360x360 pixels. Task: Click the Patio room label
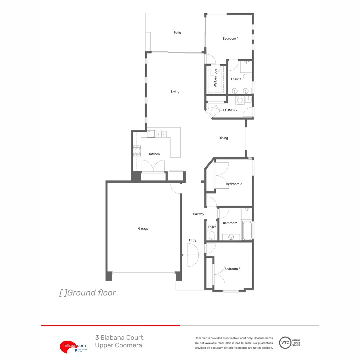(x=177, y=33)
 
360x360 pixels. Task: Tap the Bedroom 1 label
(x=231, y=39)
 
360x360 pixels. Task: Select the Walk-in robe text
(x=215, y=78)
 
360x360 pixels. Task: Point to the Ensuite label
(x=236, y=79)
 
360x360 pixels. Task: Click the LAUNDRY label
(x=230, y=110)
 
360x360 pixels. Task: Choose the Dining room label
(x=223, y=138)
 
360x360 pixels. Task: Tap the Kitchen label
(x=154, y=154)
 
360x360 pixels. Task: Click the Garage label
(x=143, y=229)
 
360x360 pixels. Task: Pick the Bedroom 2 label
(x=234, y=184)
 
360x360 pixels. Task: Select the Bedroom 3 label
(x=232, y=269)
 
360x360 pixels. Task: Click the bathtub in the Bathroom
(x=247, y=231)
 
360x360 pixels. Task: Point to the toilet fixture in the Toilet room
(x=211, y=236)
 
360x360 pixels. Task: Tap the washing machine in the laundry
(x=239, y=100)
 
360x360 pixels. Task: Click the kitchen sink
(x=161, y=134)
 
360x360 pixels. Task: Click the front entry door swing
(x=193, y=255)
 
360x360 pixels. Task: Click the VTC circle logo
(x=284, y=343)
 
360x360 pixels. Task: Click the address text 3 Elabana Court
(x=120, y=338)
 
